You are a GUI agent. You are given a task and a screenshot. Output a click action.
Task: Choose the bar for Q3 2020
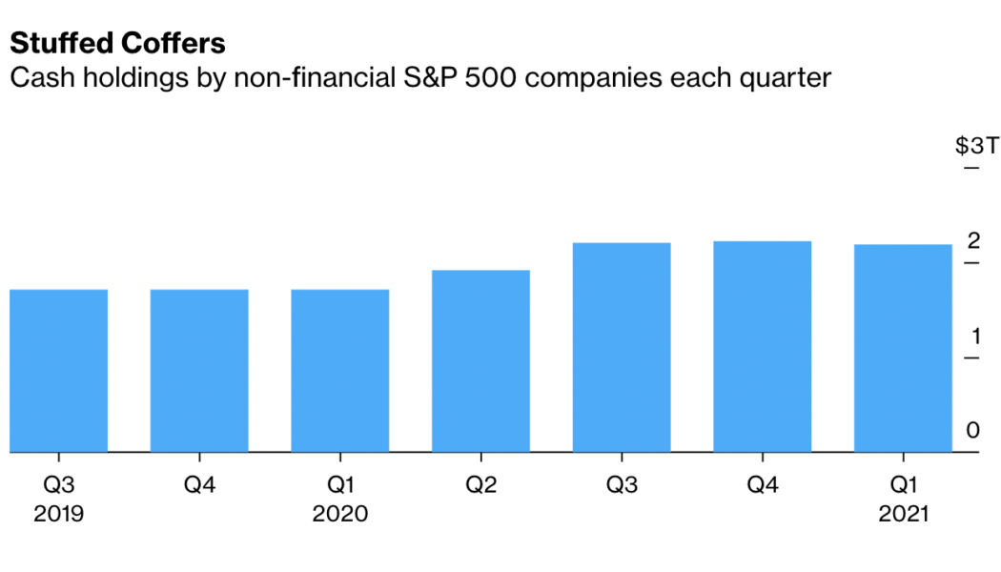(x=622, y=347)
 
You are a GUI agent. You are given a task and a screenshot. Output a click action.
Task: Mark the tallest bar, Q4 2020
(x=763, y=346)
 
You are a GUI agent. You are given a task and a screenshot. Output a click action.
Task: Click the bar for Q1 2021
(x=903, y=348)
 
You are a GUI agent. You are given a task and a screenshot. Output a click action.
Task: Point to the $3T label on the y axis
(x=976, y=146)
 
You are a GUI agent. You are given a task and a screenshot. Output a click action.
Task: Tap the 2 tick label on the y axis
(x=972, y=241)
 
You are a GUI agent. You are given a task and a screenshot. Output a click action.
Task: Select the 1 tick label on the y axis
(x=973, y=336)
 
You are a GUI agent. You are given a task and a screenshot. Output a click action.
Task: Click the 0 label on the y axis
(x=972, y=430)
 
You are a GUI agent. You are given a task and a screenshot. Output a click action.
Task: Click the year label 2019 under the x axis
(x=58, y=514)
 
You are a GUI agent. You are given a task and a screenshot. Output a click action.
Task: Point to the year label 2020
(x=340, y=514)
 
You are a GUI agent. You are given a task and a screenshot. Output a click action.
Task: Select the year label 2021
(x=903, y=514)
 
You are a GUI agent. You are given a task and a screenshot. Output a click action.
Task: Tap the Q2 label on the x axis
(x=480, y=485)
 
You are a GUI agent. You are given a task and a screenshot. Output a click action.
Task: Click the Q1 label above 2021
(x=903, y=485)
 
